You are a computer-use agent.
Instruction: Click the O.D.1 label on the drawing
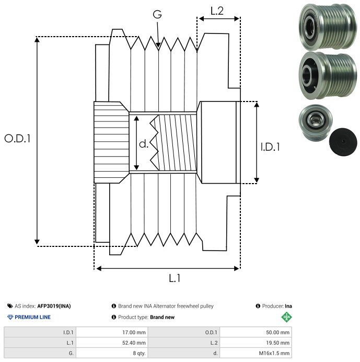coord(17,139)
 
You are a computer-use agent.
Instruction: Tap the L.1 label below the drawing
coord(175,279)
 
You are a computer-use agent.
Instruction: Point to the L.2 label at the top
coord(217,11)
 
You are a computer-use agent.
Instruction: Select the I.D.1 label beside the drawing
coord(270,147)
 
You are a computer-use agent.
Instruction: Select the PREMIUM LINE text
coord(33,317)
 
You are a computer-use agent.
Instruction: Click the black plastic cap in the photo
coord(343,141)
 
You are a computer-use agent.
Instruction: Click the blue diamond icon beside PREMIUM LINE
coord(10,317)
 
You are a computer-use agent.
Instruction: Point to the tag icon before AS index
coord(10,306)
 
